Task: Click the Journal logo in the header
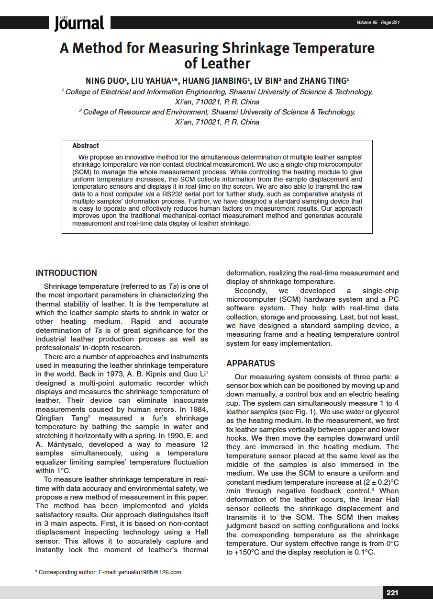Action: click(x=79, y=23)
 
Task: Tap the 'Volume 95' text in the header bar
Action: click(x=367, y=23)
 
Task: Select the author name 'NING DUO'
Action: click(x=105, y=80)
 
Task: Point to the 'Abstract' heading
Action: click(x=86, y=146)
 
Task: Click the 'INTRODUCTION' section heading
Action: click(x=66, y=273)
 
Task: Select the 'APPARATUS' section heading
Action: click(x=251, y=364)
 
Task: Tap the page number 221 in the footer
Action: click(x=392, y=593)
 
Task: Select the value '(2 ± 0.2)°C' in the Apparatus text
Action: click(x=377, y=482)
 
